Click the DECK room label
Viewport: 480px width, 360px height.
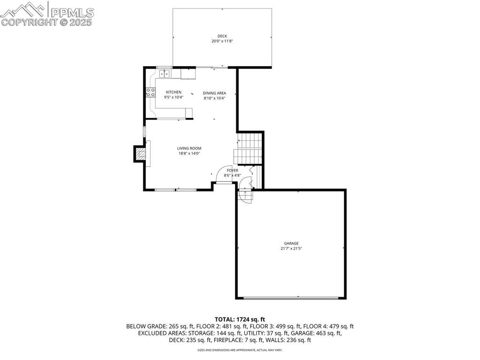tap(222, 37)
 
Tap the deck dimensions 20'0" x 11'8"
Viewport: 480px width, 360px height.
tap(222, 41)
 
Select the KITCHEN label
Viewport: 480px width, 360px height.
tap(173, 92)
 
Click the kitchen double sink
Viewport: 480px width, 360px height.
tap(164, 74)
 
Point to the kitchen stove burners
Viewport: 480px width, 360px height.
tap(151, 92)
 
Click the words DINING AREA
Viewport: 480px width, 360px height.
tap(214, 93)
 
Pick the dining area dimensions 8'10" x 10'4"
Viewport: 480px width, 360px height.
tap(214, 98)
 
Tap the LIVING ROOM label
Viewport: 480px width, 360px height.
tap(189, 148)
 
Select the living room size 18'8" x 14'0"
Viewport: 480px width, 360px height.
tap(189, 153)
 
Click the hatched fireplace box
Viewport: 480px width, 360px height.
tap(139, 154)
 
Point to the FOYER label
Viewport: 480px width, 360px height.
tap(232, 170)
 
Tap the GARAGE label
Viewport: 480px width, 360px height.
tap(291, 243)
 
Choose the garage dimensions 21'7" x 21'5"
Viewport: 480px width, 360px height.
tap(291, 248)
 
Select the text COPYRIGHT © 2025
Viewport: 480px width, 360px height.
tap(47, 22)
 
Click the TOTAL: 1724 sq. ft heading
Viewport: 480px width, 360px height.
tap(240, 319)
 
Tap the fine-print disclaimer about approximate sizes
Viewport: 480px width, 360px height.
tap(240, 350)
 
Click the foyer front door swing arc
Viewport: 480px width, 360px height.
tap(220, 176)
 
